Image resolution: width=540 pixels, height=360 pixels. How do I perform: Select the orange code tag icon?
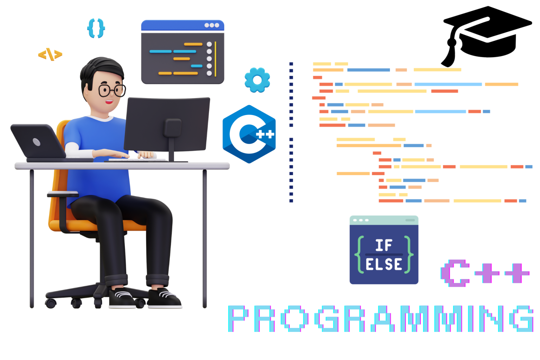[50, 54]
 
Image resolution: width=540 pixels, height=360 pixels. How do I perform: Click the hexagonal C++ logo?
[249, 134]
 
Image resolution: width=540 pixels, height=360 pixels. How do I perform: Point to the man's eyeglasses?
[111, 90]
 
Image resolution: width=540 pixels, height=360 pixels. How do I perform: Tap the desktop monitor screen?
[167, 123]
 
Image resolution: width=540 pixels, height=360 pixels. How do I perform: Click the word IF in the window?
[384, 245]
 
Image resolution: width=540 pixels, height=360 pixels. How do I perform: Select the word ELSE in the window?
[384, 264]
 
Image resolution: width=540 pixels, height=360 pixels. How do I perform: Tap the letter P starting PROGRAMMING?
[241, 319]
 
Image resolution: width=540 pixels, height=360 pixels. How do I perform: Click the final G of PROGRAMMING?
[522, 319]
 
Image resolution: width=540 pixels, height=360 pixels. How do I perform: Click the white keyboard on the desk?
[137, 160]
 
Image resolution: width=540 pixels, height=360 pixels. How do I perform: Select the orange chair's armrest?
[63, 194]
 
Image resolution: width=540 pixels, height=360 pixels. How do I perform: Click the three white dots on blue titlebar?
[212, 25]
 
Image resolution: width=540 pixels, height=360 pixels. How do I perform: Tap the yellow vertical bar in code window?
[216, 59]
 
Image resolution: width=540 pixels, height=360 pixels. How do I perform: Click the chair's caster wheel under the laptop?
[51, 303]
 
